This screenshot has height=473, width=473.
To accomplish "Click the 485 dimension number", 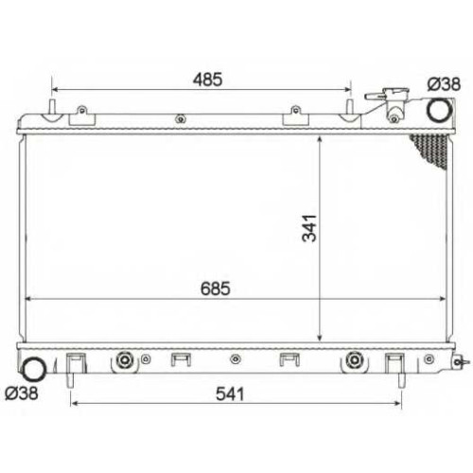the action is [207, 79].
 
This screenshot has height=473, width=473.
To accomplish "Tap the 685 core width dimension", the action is [216, 289].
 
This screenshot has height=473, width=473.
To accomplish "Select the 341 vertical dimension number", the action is [309, 228].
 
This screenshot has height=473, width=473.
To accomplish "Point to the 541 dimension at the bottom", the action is [230, 394].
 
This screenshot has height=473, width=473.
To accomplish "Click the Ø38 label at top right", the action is [444, 84].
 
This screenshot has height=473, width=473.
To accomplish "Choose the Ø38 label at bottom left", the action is [22, 394].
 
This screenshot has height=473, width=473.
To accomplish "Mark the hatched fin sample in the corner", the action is [431, 150].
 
